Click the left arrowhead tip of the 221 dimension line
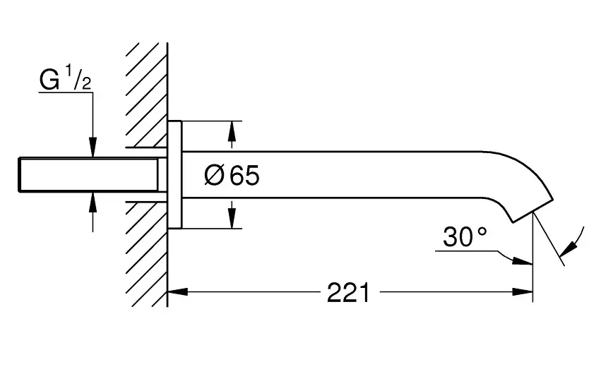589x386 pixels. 168,291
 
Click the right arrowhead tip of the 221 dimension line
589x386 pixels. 533,291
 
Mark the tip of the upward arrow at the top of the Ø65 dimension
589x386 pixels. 232,121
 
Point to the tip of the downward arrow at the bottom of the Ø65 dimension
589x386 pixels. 232,228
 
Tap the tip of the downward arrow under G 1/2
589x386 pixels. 93,157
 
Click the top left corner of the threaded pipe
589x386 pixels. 19,158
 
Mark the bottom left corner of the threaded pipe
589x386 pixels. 19,191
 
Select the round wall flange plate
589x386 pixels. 174,174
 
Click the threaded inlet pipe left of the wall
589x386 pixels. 88,174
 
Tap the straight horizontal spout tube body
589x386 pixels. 333,174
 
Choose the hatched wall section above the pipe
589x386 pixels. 147,95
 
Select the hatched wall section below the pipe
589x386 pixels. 147,254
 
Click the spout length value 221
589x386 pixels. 349,293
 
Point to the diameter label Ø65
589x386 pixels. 232,175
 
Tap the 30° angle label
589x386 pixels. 465,237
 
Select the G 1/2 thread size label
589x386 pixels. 66,78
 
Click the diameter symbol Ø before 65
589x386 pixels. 214,175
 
